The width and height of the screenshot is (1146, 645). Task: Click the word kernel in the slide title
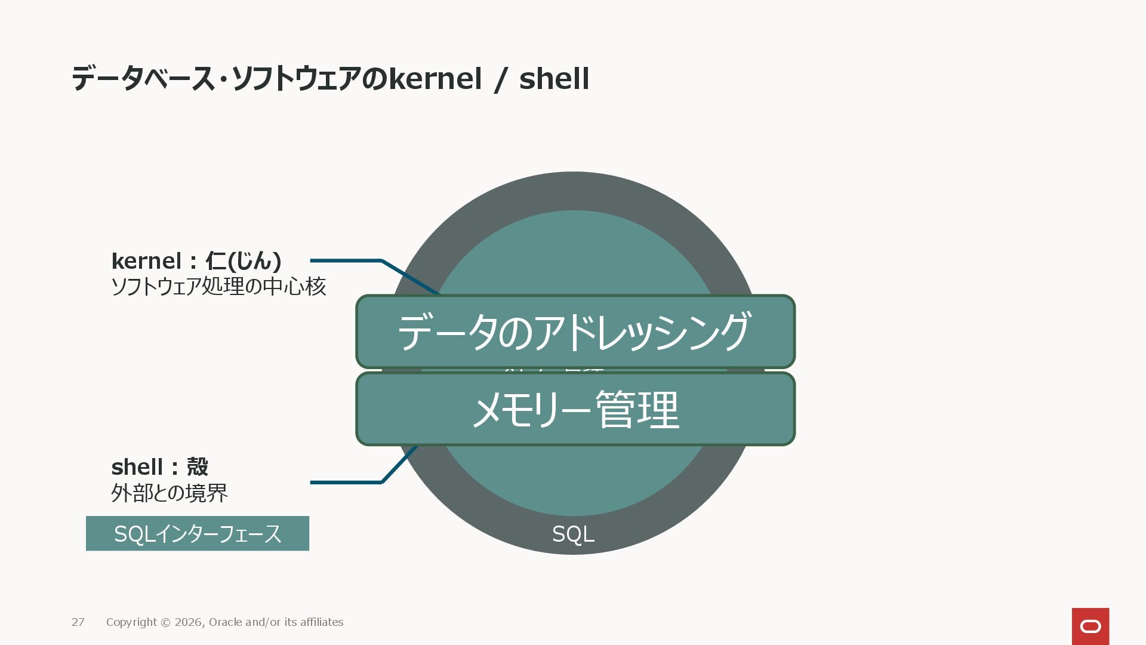435,79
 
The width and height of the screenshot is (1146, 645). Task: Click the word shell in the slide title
554,79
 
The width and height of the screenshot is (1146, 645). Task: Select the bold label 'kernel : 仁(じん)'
196,261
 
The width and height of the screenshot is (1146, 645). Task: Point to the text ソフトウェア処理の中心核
218,287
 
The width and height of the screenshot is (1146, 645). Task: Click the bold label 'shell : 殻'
159,467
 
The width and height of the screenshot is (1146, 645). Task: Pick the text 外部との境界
170,493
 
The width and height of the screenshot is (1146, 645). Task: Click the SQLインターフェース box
198,533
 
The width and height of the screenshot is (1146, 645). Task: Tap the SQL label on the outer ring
573,535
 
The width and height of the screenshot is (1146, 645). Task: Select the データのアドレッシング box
575,331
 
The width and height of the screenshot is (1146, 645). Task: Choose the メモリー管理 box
575,409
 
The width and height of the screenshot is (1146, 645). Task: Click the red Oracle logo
1090,626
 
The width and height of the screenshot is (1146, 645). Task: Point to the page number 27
78,622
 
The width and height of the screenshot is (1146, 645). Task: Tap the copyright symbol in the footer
165,622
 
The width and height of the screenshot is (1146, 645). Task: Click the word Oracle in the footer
225,622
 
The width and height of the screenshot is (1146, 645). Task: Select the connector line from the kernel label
346,261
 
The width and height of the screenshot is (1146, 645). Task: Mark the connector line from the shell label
346,482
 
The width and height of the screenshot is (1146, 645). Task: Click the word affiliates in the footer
322,622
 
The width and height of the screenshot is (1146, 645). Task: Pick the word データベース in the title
143,79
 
